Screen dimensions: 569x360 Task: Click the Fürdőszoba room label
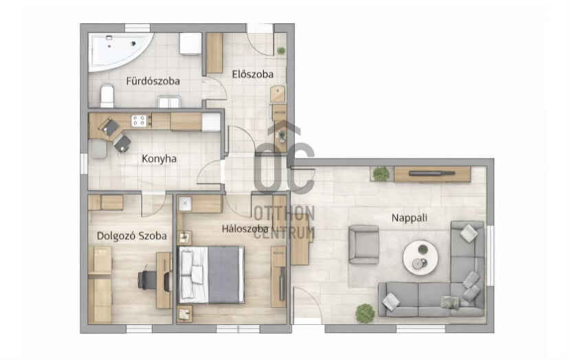click(153, 81)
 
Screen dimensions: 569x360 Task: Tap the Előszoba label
click(253, 74)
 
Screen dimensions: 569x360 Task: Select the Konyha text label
click(159, 159)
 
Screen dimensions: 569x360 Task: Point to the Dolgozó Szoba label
click(132, 236)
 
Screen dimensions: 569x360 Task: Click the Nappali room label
click(410, 218)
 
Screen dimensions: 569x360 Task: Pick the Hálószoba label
click(245, 229)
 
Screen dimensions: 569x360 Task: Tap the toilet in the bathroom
click(107, 95)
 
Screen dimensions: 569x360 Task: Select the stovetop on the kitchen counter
click(139, 120)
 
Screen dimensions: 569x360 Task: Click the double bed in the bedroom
click(211, 274)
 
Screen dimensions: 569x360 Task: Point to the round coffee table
click(421, 258)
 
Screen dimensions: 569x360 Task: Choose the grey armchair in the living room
click(364, 244)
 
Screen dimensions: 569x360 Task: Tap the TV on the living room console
click(432, 173)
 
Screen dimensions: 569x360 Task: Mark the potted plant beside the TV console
click(381, 174)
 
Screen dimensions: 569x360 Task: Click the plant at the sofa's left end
click(365, 313)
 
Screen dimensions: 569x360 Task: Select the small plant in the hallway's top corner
click(281, 50)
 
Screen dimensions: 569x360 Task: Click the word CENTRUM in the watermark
click(284, 233)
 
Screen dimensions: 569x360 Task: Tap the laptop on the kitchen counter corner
click(109, 126)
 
